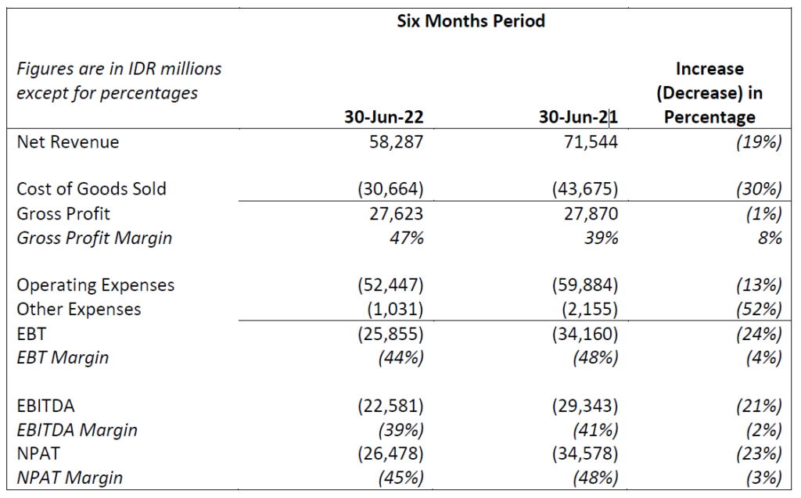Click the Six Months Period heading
click(x=471, y=21)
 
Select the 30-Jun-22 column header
click(x=384, y=117)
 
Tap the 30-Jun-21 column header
click(x=579, y=117)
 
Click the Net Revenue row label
click(x=68, y=142)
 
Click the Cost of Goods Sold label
click(x=92, y=189)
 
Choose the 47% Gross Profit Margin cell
click(x=408, y=238)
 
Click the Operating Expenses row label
click(x=95, y=285)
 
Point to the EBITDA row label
click(x=46, y=406)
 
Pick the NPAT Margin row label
click(x=70, y=477)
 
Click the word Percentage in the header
click(x=709, y=117)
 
